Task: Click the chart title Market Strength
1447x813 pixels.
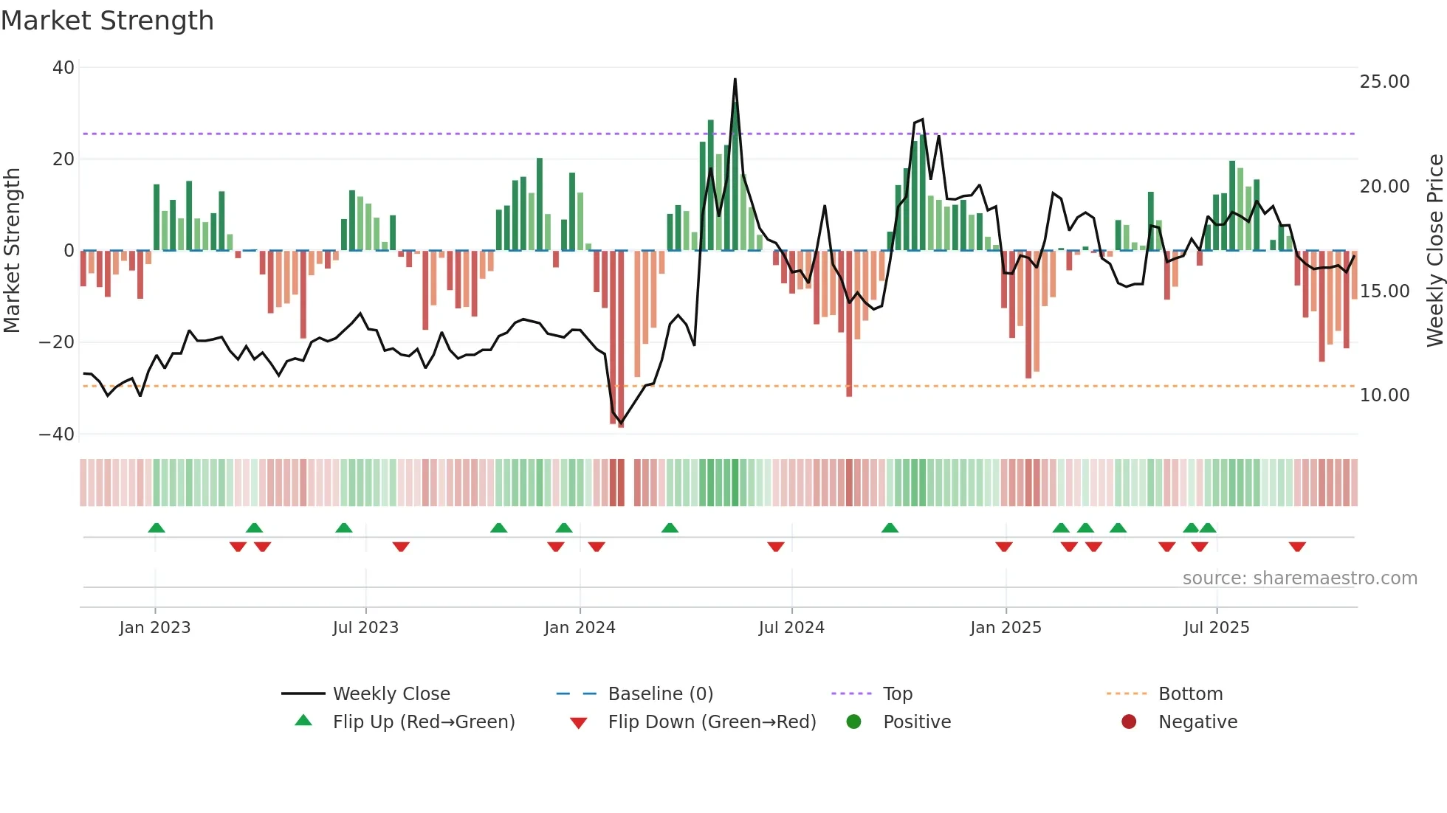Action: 107,21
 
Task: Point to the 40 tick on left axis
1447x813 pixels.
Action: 63,68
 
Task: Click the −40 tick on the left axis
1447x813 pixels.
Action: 57,435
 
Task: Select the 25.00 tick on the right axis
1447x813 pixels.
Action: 1384,82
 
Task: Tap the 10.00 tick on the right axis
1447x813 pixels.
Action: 1384,395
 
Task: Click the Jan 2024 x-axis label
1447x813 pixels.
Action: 580,628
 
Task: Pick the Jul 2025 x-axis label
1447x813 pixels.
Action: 1216,628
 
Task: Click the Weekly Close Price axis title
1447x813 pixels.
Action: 1434,251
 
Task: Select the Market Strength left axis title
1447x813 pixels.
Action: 13,251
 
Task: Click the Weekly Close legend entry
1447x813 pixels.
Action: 391,694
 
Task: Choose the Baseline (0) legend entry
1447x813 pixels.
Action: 660,694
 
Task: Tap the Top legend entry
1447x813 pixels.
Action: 897,694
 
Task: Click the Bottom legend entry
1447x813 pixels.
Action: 1190,694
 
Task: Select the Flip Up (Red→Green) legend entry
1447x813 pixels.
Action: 423,722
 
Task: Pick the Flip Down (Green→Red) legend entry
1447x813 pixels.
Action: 712,722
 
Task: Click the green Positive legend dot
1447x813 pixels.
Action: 854,722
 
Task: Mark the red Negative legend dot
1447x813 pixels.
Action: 1129,722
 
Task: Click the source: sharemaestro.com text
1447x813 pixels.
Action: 1299,578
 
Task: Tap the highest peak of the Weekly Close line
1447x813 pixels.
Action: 735,80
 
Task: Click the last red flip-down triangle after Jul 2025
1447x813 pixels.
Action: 1297,547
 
